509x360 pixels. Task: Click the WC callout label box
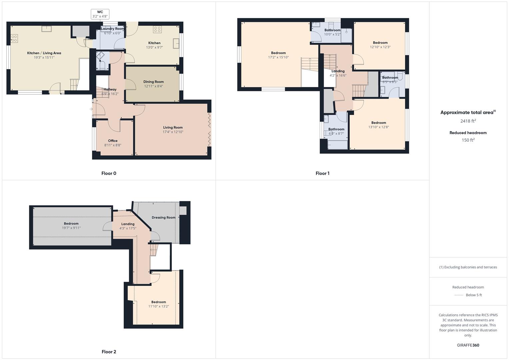click(100, 14)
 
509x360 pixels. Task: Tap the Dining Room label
click(153, 82)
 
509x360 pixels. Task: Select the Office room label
click(113, 141)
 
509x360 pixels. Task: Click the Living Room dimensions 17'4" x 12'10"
click(173, 132)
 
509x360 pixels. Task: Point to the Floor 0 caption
click(109, 173)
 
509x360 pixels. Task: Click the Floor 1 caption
click(322, 173)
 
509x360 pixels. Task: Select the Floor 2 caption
click(109, 352)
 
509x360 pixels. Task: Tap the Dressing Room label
click(163, 218)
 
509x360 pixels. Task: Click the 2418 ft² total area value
click(468, 121)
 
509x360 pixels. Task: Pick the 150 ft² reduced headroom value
click(468, 140)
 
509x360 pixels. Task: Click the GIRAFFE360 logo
click(468, 345)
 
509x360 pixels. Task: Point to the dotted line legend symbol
click(459, 295)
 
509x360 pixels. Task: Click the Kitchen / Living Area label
click(44, 53)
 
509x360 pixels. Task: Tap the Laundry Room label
click(113, 29)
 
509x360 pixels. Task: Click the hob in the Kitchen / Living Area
click(14, 38)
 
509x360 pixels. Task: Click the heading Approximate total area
click(467, 113)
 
